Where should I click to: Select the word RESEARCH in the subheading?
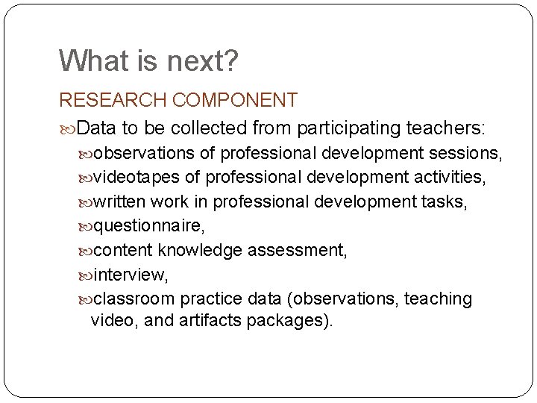113,100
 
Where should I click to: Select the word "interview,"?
130,275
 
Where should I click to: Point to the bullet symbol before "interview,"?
86,275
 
